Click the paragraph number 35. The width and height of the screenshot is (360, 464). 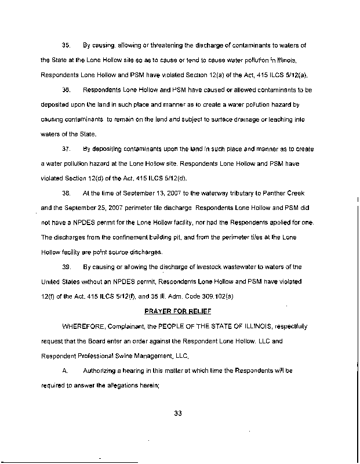(66, 45)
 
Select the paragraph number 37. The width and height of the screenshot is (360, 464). (66, 149)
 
